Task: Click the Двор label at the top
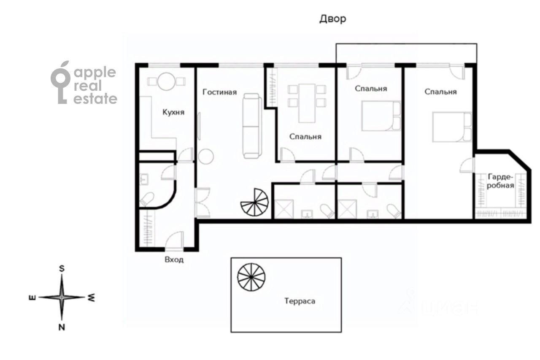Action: click(333, 19)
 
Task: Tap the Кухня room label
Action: click(173, 112)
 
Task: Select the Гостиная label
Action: click(220, 92)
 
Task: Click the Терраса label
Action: click(300, 301)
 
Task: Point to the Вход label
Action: click(174, 260)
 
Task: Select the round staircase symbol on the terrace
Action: click(251, 277)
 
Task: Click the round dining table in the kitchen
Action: click(166, 81)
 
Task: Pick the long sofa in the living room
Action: click(252, 126)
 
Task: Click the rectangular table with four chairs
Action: click(307, 103)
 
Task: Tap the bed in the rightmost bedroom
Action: click(452, 127)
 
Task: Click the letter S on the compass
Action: click(62, 268)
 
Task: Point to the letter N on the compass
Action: click(62, 328)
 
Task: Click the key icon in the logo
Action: click(60, 82)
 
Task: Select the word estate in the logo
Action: click(95, 99)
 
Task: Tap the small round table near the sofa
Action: click(206, 157)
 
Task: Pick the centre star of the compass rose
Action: click(62, 297)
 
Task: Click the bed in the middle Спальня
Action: click(381, 116)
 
